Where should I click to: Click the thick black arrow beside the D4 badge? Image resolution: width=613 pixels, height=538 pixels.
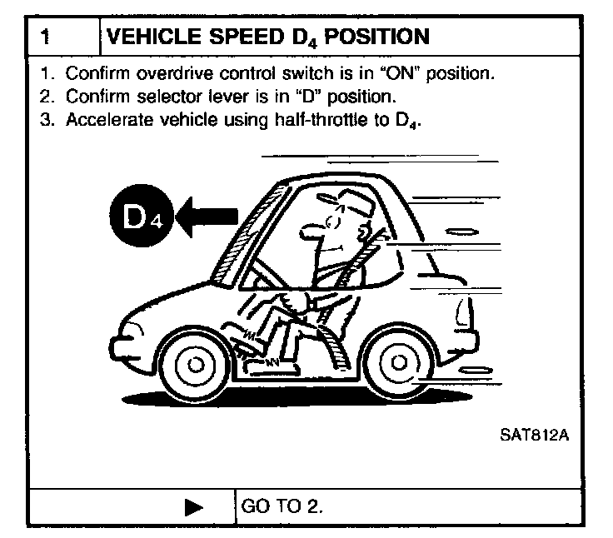coord(208,217)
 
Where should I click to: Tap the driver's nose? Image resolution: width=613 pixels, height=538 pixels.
coord(310,226)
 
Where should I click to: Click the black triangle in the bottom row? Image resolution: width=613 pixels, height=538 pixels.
coord(194,506)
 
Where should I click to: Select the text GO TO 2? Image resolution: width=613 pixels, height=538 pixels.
coord(281,506)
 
